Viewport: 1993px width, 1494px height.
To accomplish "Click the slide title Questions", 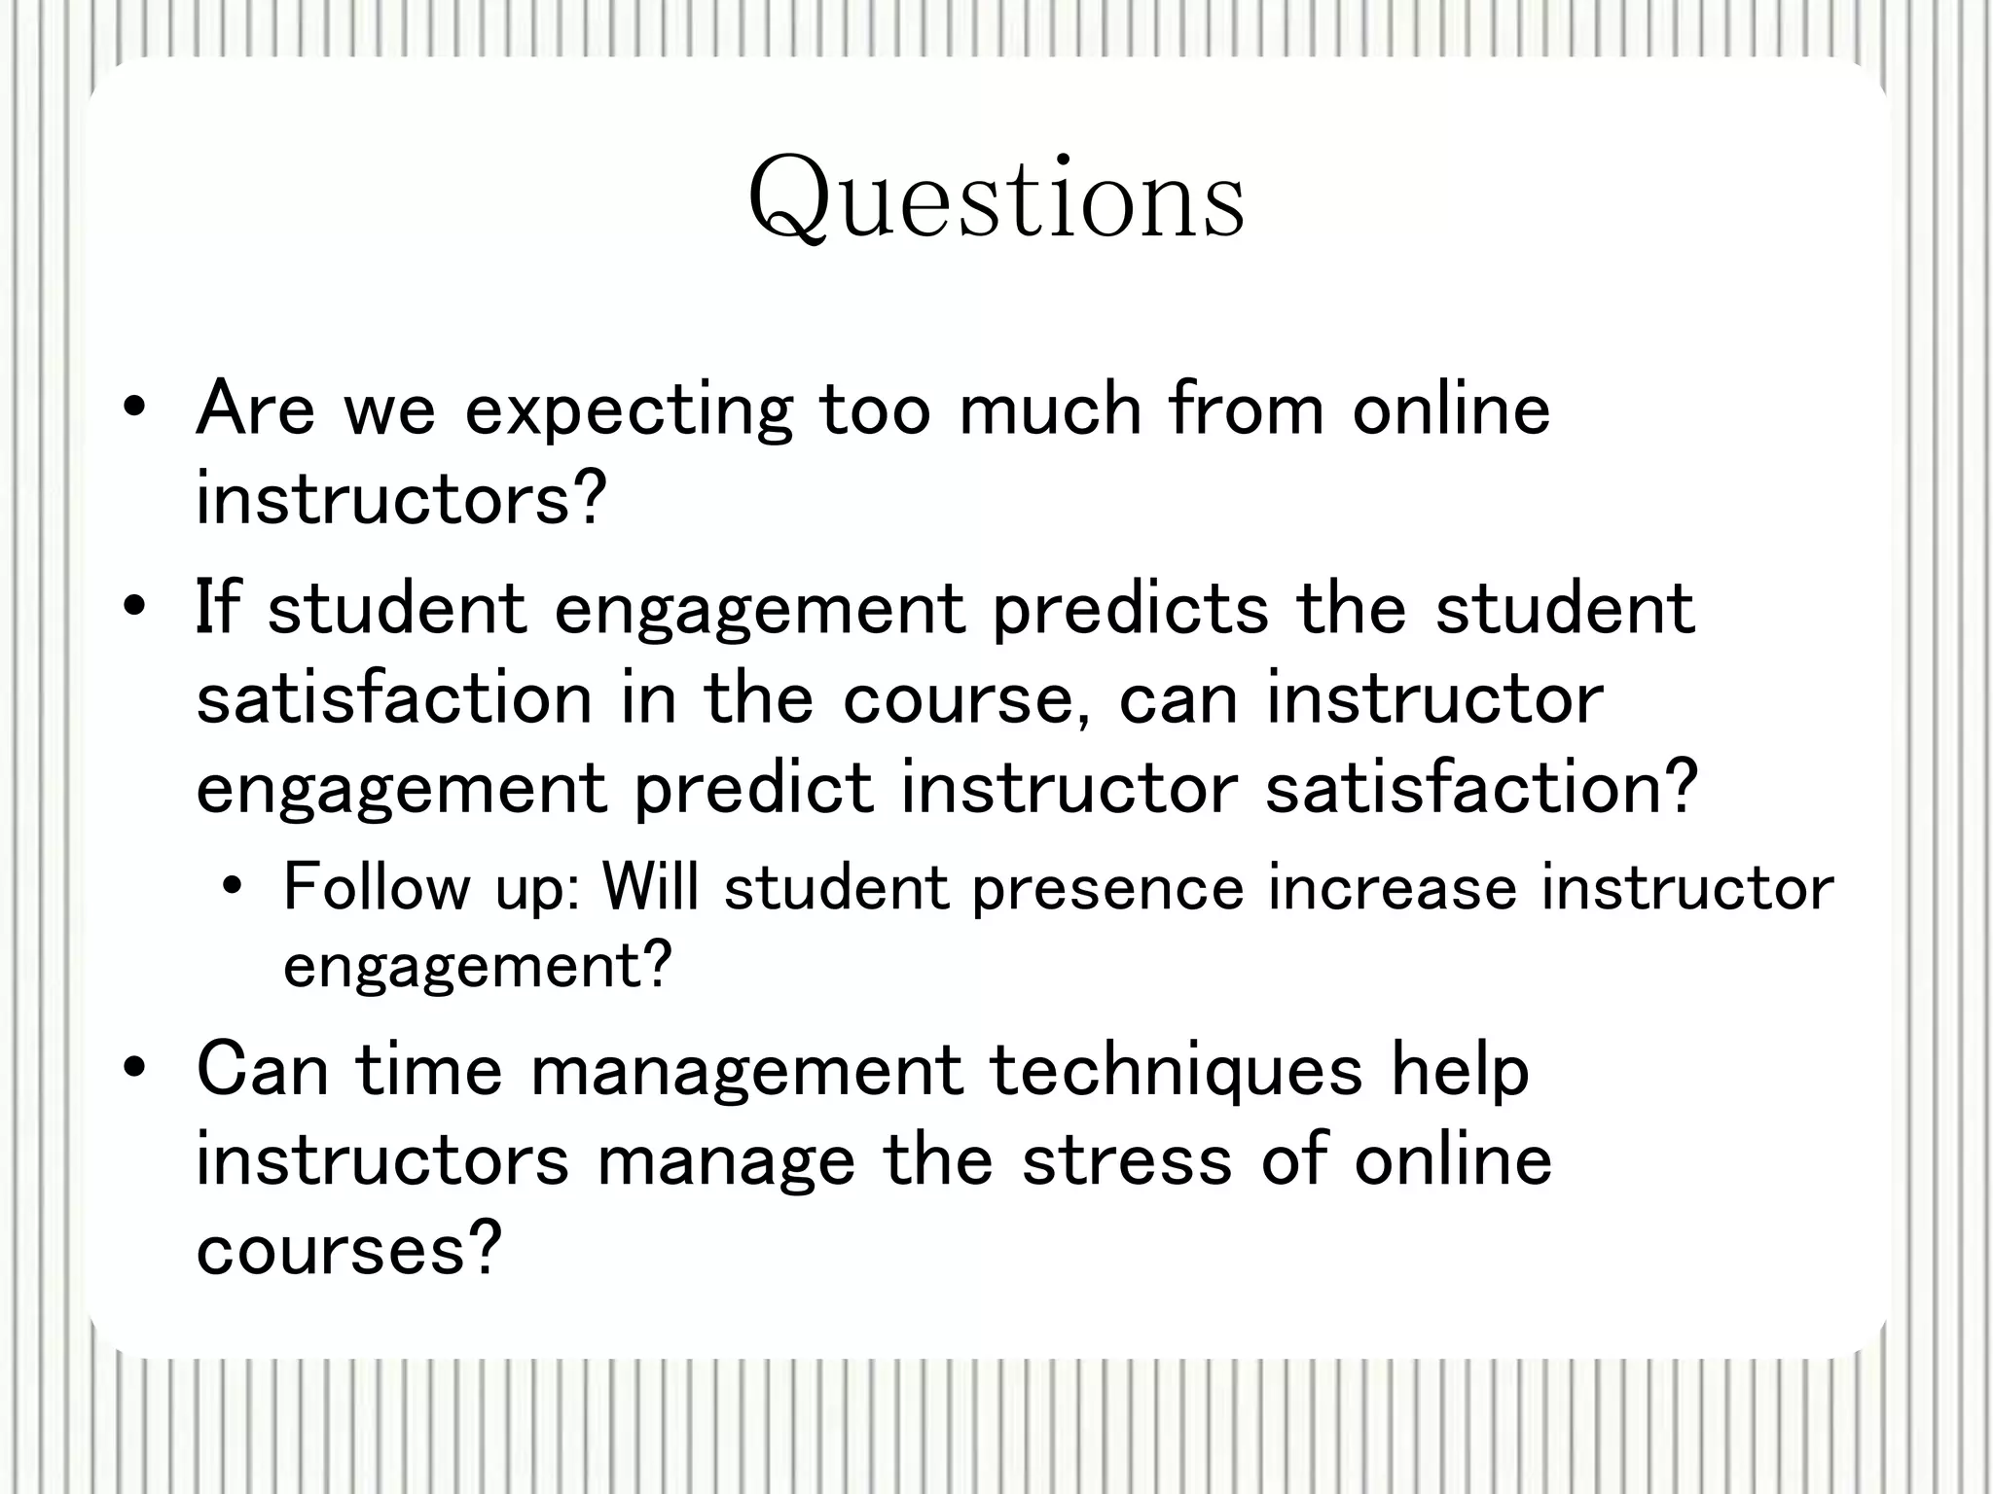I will pos(996,200).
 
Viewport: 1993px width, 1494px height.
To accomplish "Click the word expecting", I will pos(629,411).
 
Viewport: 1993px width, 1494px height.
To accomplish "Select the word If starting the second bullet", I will pos(217,607).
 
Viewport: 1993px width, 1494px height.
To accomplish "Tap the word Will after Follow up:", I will pos(650,887).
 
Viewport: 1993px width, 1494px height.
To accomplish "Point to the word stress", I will pos(1127,1161).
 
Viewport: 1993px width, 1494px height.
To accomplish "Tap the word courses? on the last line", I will pos(348,1249).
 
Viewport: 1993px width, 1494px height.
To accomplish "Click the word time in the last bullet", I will pos(428,1070).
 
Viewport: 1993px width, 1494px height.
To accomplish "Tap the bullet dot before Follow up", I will pos(232,887).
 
